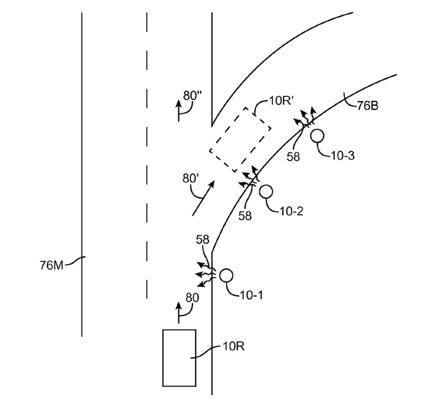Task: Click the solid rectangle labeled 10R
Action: [x=179, y=357]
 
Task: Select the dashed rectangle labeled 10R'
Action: [x=240, y=139]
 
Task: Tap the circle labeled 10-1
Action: [x=226, y=275]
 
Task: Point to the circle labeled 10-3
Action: [x=317, y=136]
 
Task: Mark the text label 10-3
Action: [x=343, y=156]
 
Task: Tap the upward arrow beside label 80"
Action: [x=179, y=111]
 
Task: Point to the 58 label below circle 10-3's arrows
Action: [x=293, y=156]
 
